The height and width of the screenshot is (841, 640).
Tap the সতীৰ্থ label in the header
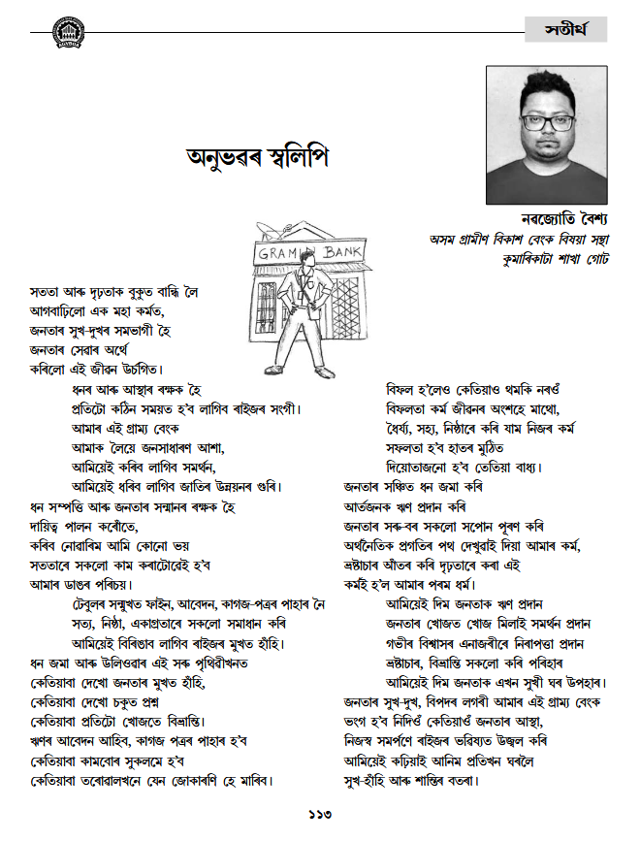[x=566, y=30]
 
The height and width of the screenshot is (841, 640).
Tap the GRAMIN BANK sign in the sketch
[x=302, y=254]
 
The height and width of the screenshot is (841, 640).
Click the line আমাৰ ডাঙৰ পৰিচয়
[x=81, y=585]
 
